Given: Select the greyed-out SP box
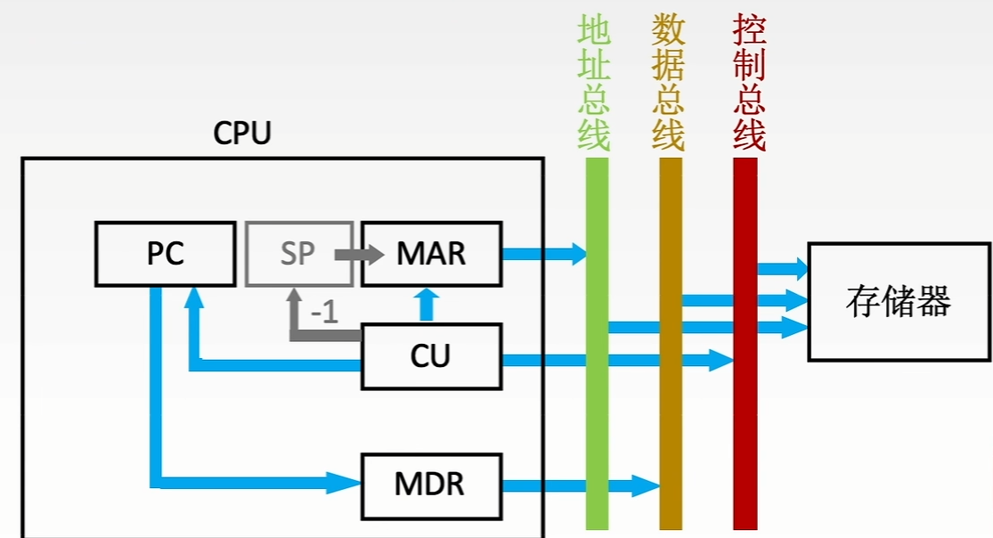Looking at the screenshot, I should (298, 253).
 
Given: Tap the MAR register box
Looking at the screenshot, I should (431, 253).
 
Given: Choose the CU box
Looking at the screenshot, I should (431, 356).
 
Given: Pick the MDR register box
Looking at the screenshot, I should (431, 485).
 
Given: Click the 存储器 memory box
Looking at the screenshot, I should (899, 301).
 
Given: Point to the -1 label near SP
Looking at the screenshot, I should (324, 314).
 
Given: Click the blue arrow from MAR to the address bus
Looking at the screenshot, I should (543, 254).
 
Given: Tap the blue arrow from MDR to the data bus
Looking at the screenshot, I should (579, 485).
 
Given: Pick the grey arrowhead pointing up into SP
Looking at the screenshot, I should (294, 299).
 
